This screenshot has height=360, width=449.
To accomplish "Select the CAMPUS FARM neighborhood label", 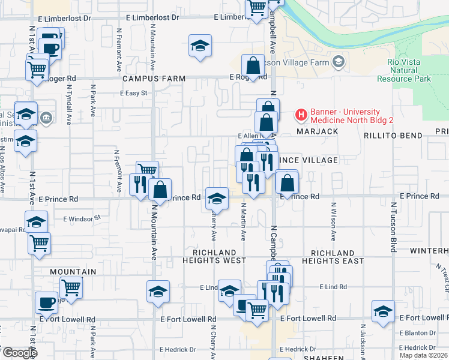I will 146,79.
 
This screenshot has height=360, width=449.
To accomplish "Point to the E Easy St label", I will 133,94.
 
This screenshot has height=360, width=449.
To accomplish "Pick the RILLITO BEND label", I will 393,136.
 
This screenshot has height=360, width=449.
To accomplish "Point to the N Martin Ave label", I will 244,221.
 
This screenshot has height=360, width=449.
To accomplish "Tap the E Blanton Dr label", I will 418,333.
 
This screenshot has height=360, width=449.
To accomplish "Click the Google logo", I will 19,353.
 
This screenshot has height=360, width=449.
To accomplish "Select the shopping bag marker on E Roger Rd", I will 253,65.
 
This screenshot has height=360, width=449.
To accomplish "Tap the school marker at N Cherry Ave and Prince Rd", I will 217,198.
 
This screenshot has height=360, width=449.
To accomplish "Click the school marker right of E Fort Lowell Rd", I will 383,311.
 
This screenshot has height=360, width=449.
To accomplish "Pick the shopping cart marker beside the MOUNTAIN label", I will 71,287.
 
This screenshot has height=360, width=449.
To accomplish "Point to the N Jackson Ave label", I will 363,342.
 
